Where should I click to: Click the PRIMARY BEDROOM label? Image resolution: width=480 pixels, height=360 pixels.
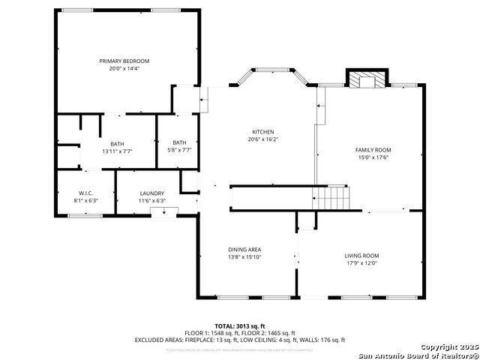point(124,61)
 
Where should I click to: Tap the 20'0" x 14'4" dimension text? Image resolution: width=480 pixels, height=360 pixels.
point(124,68)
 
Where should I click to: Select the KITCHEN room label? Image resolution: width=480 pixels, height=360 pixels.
point(262,132)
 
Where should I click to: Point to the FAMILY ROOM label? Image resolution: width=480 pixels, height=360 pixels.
point(373,150)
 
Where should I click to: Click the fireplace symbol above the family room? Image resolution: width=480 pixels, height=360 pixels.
point(367,78)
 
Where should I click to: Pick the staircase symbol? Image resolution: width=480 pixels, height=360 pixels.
point(331,198)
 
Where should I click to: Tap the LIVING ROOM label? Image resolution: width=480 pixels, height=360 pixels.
point(361,256)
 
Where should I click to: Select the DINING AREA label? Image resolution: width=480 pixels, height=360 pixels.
point(244,250)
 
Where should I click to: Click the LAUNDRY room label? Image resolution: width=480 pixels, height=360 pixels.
point(151,193)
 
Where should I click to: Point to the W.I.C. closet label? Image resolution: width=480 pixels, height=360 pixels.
point(85,193)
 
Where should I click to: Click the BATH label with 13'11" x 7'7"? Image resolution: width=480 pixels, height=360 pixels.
point(117,143)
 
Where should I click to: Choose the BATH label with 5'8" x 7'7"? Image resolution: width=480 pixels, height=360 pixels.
point(179,142)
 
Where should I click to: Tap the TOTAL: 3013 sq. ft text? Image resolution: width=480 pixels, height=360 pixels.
point(239,325)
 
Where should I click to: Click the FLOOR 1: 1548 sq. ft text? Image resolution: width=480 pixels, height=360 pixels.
point(212,333)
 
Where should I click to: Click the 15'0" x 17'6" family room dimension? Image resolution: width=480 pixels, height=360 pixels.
point(373,157)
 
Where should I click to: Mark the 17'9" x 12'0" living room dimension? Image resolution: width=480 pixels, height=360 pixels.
point(361,263)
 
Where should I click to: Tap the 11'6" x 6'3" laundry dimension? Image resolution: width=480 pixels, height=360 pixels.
point(151,200)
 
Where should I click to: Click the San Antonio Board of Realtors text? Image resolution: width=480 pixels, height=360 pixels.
point(418,355)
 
